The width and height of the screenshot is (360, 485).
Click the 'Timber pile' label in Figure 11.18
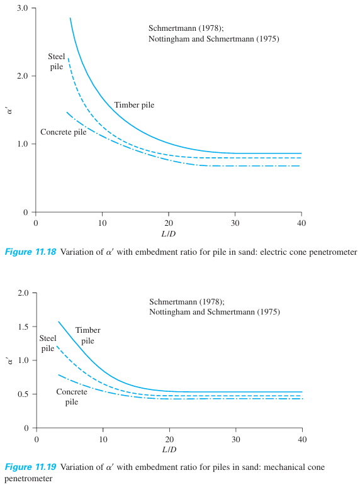(134, 105)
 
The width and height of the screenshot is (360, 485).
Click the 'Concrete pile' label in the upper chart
(64, 132)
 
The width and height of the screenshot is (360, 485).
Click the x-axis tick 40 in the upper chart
(301, 223)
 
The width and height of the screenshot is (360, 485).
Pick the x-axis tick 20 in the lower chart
(169, 440)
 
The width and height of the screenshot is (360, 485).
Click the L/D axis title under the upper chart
(169, 235)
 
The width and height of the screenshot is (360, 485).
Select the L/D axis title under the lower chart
(169, 451)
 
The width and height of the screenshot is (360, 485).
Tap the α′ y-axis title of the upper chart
(9, 110)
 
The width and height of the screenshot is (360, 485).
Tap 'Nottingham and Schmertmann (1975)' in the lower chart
(214, 312)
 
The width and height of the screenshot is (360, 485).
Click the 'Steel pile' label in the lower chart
(48, 343)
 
